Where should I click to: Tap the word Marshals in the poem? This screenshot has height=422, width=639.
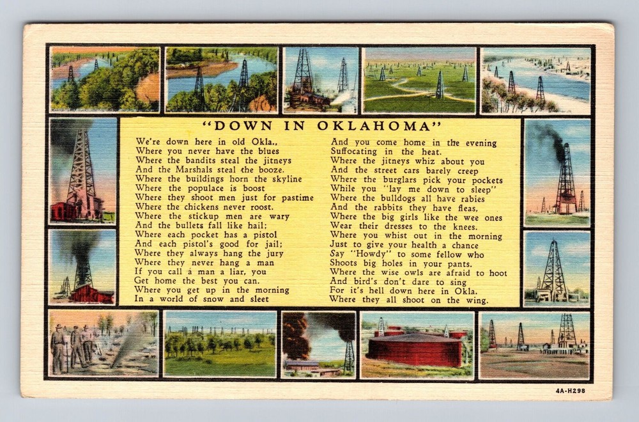(x=201, y=170)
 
